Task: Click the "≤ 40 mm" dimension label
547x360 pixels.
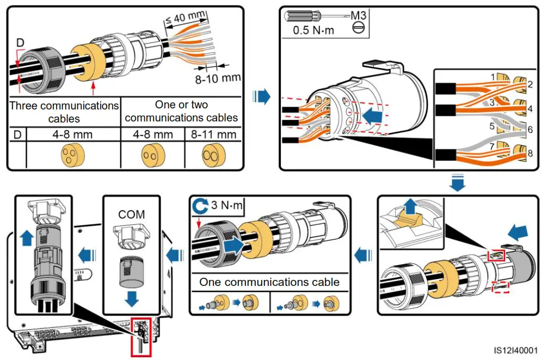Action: coord(185,17)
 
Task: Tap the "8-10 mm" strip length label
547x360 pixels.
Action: coord(218,78)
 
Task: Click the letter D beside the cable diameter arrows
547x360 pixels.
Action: coord(20,42)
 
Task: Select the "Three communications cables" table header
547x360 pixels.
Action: coord(64,112)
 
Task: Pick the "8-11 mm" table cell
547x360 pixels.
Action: coord(213,135)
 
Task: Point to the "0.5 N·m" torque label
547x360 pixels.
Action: coord(314,30)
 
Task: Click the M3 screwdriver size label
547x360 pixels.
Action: coord(358,15)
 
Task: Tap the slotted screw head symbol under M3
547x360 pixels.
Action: coord(358,27)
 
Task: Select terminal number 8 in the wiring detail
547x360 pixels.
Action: coord(530,153)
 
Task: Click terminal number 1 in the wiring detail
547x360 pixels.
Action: coord(493,77)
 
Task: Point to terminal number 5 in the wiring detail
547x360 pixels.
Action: coord(492,126)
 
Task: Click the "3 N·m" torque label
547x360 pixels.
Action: coord(227,205)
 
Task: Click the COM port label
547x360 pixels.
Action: coord(132,214)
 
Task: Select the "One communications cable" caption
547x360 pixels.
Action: coord(269,282)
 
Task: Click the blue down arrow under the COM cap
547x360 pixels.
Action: coord(132,298)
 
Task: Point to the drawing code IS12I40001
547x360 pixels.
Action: coord(515,350)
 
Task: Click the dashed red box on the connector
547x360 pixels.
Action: coord(500,287)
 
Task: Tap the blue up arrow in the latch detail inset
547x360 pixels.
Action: coord(411,206)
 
